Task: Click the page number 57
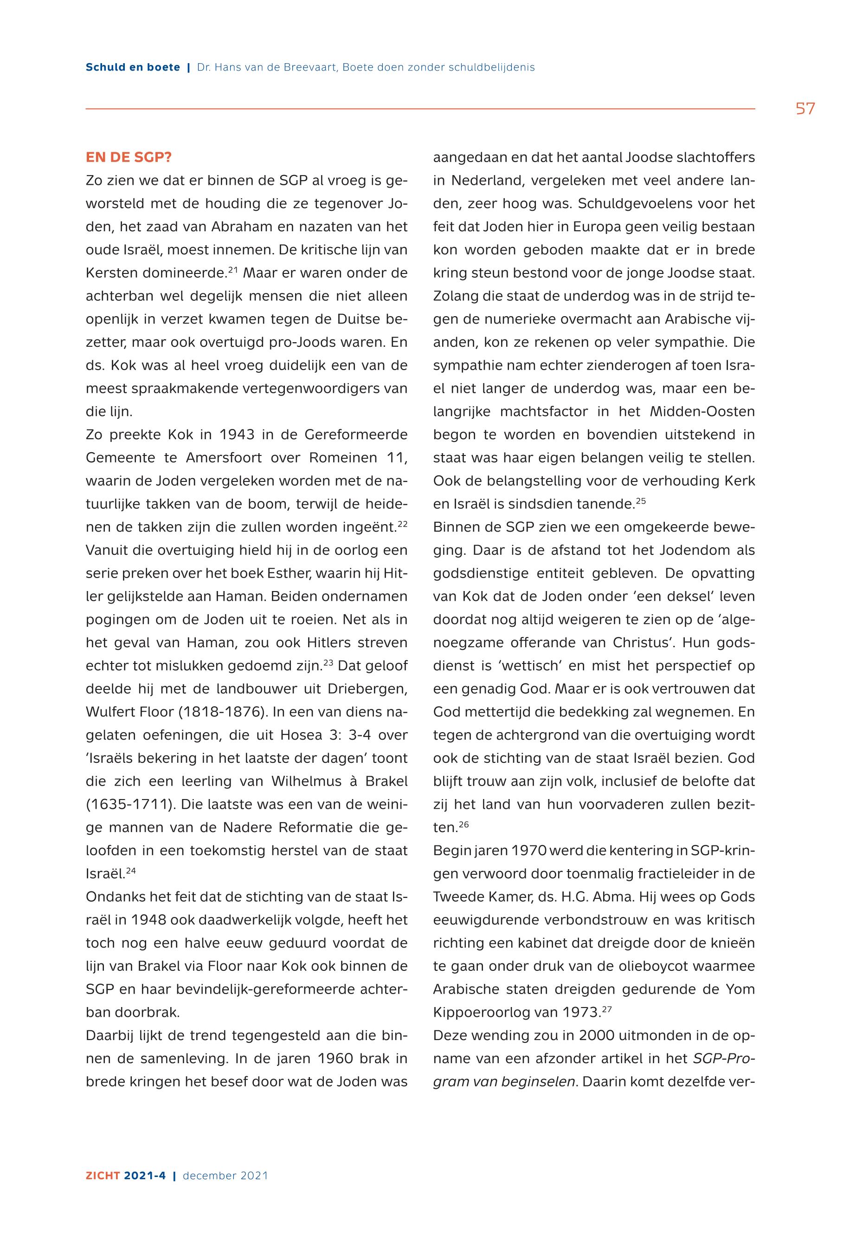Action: click(x=805, y=109)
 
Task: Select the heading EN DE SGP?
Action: click(x=128, y=158)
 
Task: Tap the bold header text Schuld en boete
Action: click(x=133, y=68)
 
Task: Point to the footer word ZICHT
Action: click(x=103, y=1176)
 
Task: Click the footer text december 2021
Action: click(x=225, y=1176)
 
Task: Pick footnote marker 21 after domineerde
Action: click(x=233, y=269)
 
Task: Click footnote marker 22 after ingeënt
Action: click(x=402, y=523)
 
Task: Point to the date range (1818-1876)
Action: click(x=221, y=712)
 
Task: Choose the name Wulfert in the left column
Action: click(x=110, y=712)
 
